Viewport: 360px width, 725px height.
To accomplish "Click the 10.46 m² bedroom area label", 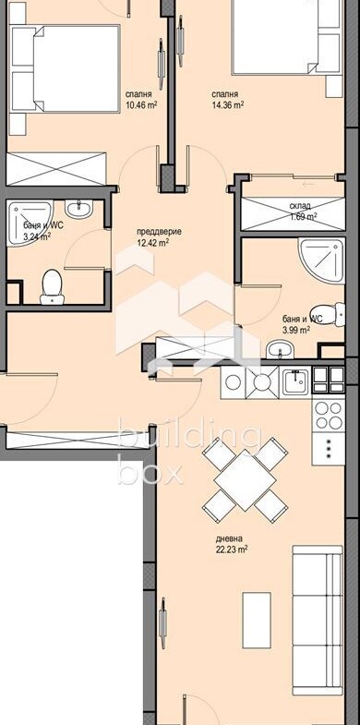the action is (141, 104).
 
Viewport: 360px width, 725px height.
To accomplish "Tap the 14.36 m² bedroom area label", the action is (227, 104).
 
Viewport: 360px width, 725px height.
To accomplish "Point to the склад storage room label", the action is (300, 205).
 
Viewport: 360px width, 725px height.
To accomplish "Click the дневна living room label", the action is (229, 538).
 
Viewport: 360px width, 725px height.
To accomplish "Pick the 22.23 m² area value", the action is (232, 549).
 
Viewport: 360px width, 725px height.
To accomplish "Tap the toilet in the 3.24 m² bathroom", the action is (52, 287).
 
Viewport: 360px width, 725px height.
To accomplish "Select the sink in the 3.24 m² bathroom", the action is (79, 208).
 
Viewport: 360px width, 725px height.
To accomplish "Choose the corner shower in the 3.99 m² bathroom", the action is (321, 260).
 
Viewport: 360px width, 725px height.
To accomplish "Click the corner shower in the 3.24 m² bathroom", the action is (30, 223).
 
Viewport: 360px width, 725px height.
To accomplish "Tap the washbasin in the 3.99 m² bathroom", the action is (280, 348).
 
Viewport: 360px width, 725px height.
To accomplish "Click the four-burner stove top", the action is (328, 416).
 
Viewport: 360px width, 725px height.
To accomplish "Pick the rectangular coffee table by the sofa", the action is (257, 620).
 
